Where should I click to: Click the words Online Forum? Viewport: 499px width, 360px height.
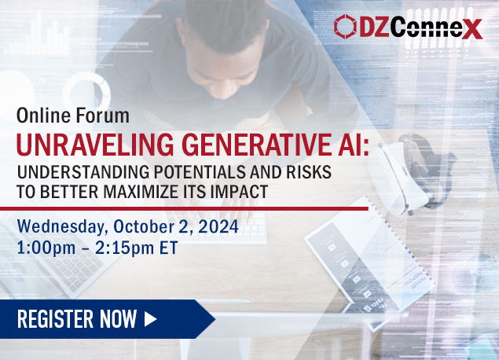pyautogui.click(x=73, y=115)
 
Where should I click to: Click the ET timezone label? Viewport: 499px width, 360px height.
pyautogui.click(x=168, y=248)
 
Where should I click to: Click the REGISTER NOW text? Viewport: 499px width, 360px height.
pyautogui.click(x=77, y=319)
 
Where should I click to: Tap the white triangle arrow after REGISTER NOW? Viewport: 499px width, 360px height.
pyautogui.click(x=151, y=319)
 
